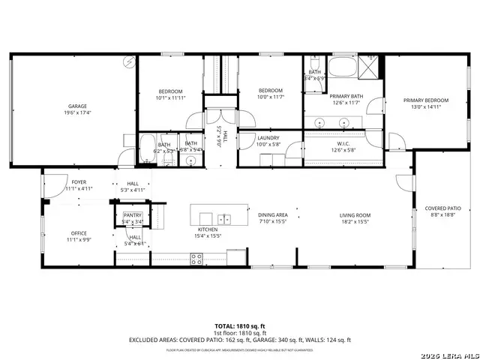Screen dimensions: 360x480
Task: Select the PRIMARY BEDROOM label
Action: click(x=425, y=100)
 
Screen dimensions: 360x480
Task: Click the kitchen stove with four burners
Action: click(x=197, y=259)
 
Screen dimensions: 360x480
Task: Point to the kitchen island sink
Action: click(x=226, y=219)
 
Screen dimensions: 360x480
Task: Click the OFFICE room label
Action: click(x=79, y=232)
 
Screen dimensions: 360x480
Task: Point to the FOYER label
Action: click(x=79, y=182)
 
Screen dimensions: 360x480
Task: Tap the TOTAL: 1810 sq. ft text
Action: click(x=240, y=325)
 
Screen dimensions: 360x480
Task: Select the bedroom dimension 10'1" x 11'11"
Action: click(x=170, y=98)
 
